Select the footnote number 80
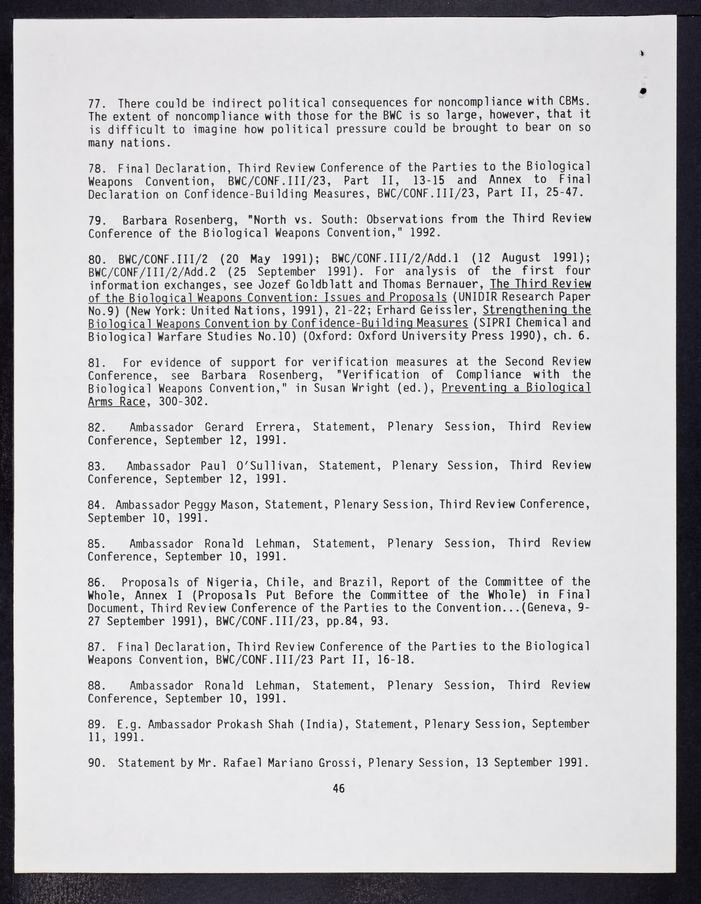(x=95, y=258)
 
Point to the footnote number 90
(x=96, y=763)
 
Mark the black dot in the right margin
(x=644, y=91)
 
